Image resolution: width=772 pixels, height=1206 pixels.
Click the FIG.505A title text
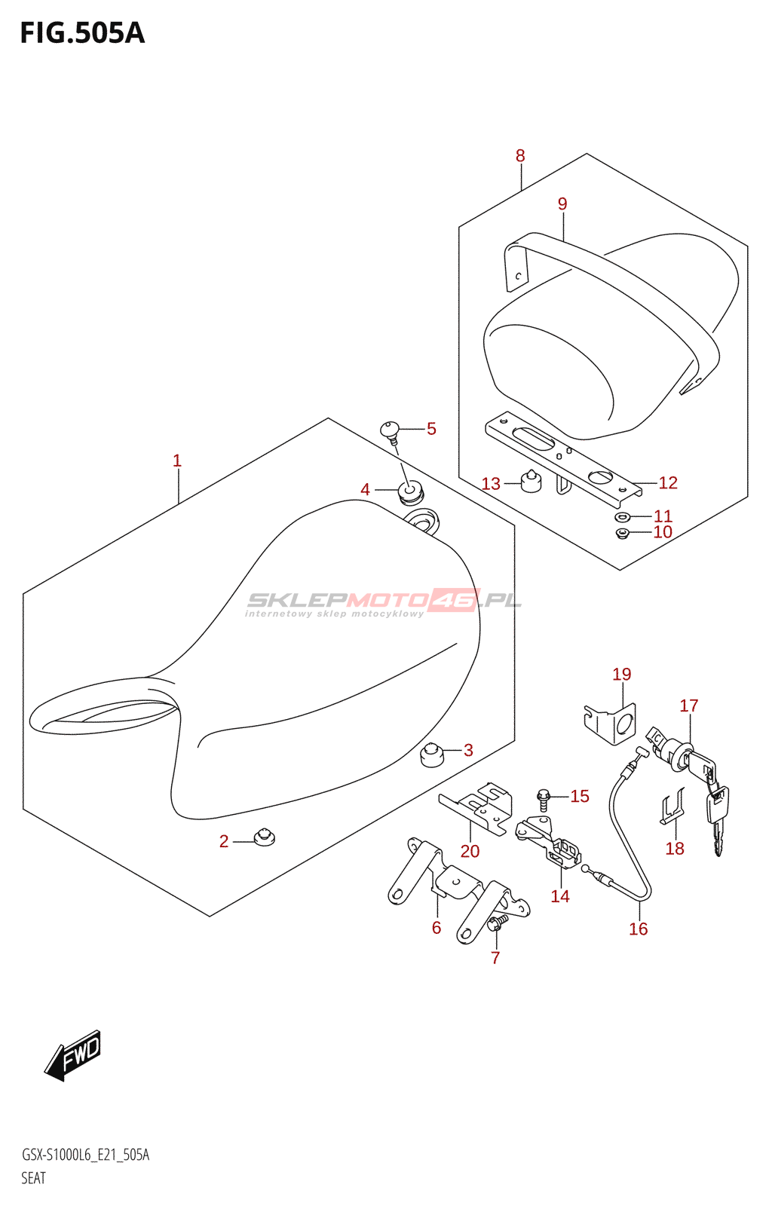(81, 33)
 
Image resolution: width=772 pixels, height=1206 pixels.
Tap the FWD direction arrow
(73, 1054)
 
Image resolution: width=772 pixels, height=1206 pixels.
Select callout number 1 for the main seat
(177, 461)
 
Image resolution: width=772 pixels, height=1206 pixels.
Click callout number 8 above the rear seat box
(520, 156)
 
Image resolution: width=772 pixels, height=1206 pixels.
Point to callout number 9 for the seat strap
(562, 204)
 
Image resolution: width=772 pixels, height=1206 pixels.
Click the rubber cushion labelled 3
(430, 754)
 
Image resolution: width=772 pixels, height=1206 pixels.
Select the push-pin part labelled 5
(391, 430)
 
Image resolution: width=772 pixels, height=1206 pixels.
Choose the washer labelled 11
(623, 517)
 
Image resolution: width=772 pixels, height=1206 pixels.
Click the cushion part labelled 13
(532, 481)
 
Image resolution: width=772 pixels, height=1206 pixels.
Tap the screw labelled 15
(544, 796)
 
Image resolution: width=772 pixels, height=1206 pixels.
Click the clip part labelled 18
(673, 808)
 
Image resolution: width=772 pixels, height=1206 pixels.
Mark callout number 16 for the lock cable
(638, 929)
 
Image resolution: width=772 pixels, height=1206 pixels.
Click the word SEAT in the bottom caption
(33, 1178)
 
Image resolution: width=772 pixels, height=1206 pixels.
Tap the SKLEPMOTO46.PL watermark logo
(384, 601)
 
